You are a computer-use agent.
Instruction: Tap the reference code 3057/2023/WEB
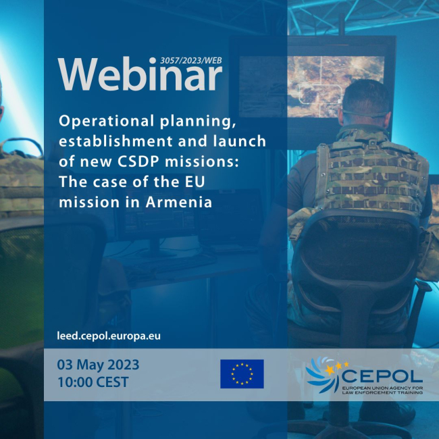(x=191, y=59)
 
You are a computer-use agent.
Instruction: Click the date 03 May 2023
(x=99, y=365)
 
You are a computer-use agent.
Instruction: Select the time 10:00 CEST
(x=93, y=382)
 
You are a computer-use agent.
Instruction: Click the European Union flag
(x=242, y=373)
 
